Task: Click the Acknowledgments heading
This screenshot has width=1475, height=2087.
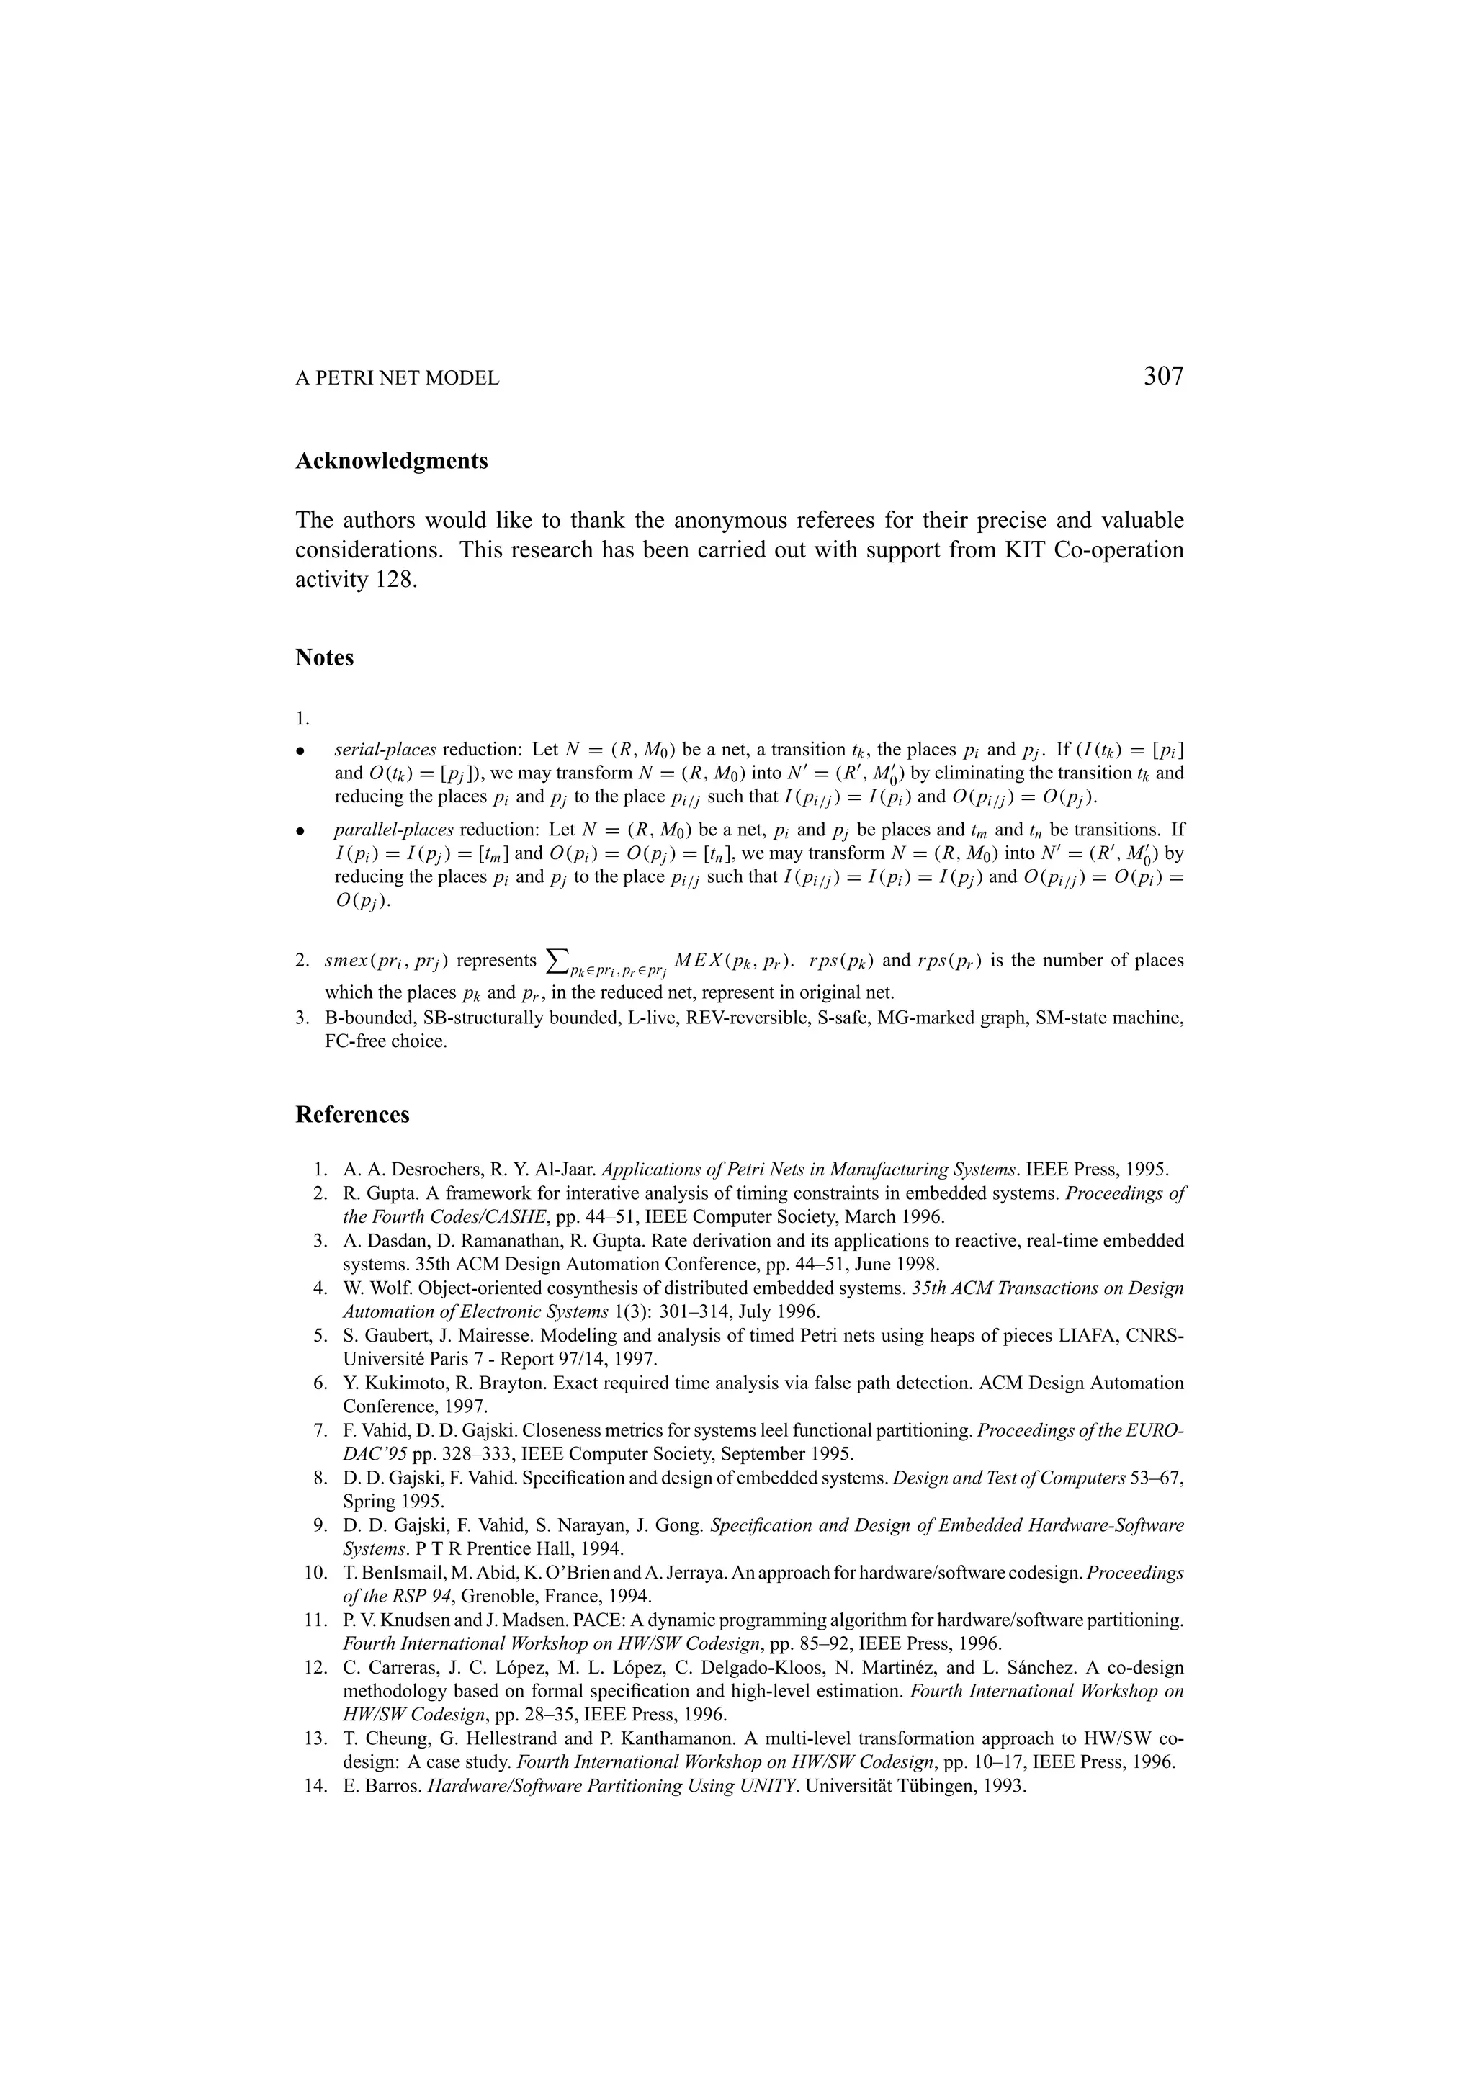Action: pos(392,461)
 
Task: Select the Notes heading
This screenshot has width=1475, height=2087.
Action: pos(324,657)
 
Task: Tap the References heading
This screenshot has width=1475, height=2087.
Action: pos(353,1114)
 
